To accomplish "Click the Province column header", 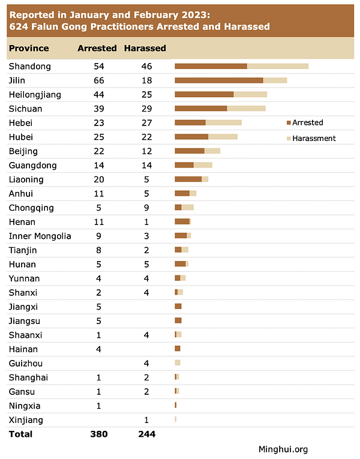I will [29, 48].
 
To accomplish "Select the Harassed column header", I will [145, 48].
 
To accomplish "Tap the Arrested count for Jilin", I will [99, 80].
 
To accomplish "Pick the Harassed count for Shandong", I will [145, 66].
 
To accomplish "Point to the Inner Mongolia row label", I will [40, 236].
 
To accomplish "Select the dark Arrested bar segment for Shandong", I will [211, 66].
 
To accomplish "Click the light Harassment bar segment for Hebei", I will [223, 122].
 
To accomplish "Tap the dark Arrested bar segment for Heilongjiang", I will [204, 94].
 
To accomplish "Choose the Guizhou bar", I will [178, 363].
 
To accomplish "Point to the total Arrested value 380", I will [99, 434].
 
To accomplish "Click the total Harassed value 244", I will [145, 434].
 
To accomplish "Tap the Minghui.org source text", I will [283, 449].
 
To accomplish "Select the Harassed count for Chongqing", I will [145, 208].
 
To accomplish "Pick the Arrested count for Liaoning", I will [99, 179].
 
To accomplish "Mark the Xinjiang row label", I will [26, 420].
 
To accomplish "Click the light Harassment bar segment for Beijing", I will [212, 151].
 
